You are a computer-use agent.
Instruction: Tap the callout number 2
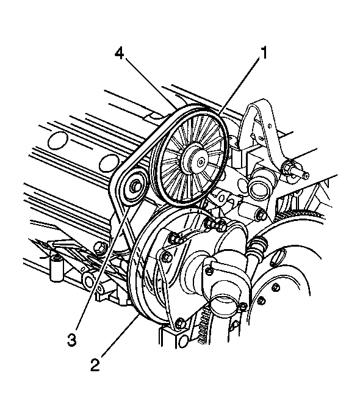tap(95, 364)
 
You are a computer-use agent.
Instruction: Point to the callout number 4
tap(120, 54)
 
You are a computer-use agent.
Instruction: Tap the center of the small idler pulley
tap(134, 186)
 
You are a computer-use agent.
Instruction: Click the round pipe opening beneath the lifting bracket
tap(258, 188)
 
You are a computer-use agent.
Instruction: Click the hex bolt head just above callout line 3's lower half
tap(99, 247)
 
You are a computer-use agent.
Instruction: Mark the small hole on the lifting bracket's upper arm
tap(269, 125)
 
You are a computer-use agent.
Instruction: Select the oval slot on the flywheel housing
tap(277, 258)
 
